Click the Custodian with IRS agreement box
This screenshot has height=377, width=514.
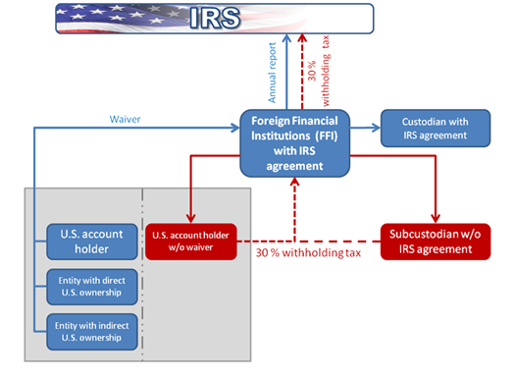point(434,128)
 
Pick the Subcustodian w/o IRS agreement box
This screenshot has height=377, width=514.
point(434,242)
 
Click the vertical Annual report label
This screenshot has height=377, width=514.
point(275,75)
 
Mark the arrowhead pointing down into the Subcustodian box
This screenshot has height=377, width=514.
point(434,219)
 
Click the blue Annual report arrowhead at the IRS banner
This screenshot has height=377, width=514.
point(286,38)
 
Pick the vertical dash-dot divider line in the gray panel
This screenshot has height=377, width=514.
point(144,275)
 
